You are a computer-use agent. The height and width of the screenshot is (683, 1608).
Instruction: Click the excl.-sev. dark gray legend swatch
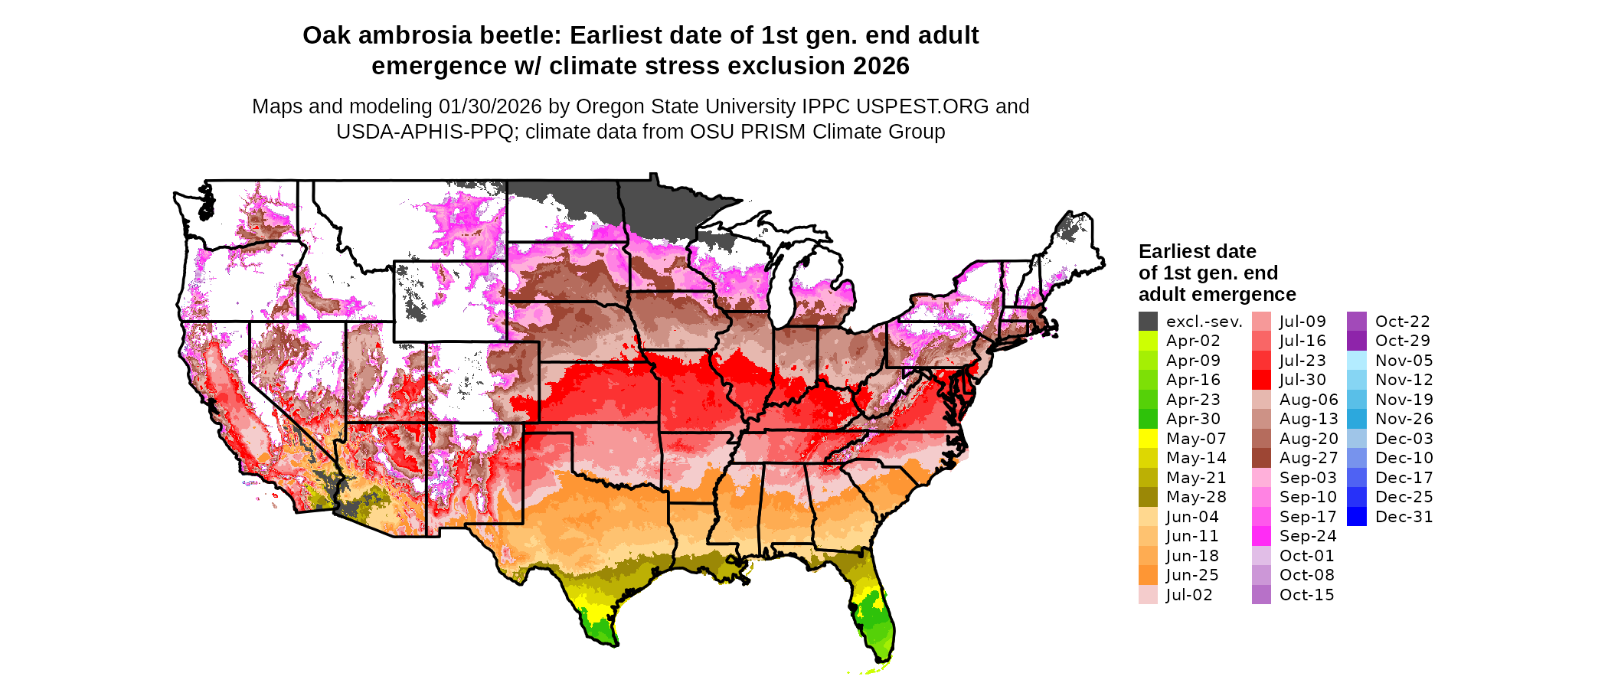point(1148,322)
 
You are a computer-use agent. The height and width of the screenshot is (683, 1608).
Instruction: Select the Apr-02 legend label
point(1193,341)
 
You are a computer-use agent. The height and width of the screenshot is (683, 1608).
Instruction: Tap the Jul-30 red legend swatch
point(1261,380)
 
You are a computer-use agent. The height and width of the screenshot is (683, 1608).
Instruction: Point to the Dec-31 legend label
point(1404,517)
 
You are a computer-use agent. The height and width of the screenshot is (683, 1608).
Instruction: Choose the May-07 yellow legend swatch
point(1148,439)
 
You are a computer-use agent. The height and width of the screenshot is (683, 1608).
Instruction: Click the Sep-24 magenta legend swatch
point(1261,536)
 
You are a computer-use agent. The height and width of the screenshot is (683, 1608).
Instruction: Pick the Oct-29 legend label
point(1402,341)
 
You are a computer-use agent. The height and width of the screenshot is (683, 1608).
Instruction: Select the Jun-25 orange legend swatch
point(1148,575)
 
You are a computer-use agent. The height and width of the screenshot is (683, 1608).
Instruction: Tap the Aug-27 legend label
point(1309,458)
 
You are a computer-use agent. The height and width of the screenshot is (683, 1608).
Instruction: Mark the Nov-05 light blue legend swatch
point(1356,361)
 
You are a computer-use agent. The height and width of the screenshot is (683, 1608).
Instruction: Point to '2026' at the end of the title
point(881,67)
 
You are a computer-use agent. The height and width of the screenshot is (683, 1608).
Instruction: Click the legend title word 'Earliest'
point(1172,252)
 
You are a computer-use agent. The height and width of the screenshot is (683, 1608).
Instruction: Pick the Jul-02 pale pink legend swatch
point(1148,595)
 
